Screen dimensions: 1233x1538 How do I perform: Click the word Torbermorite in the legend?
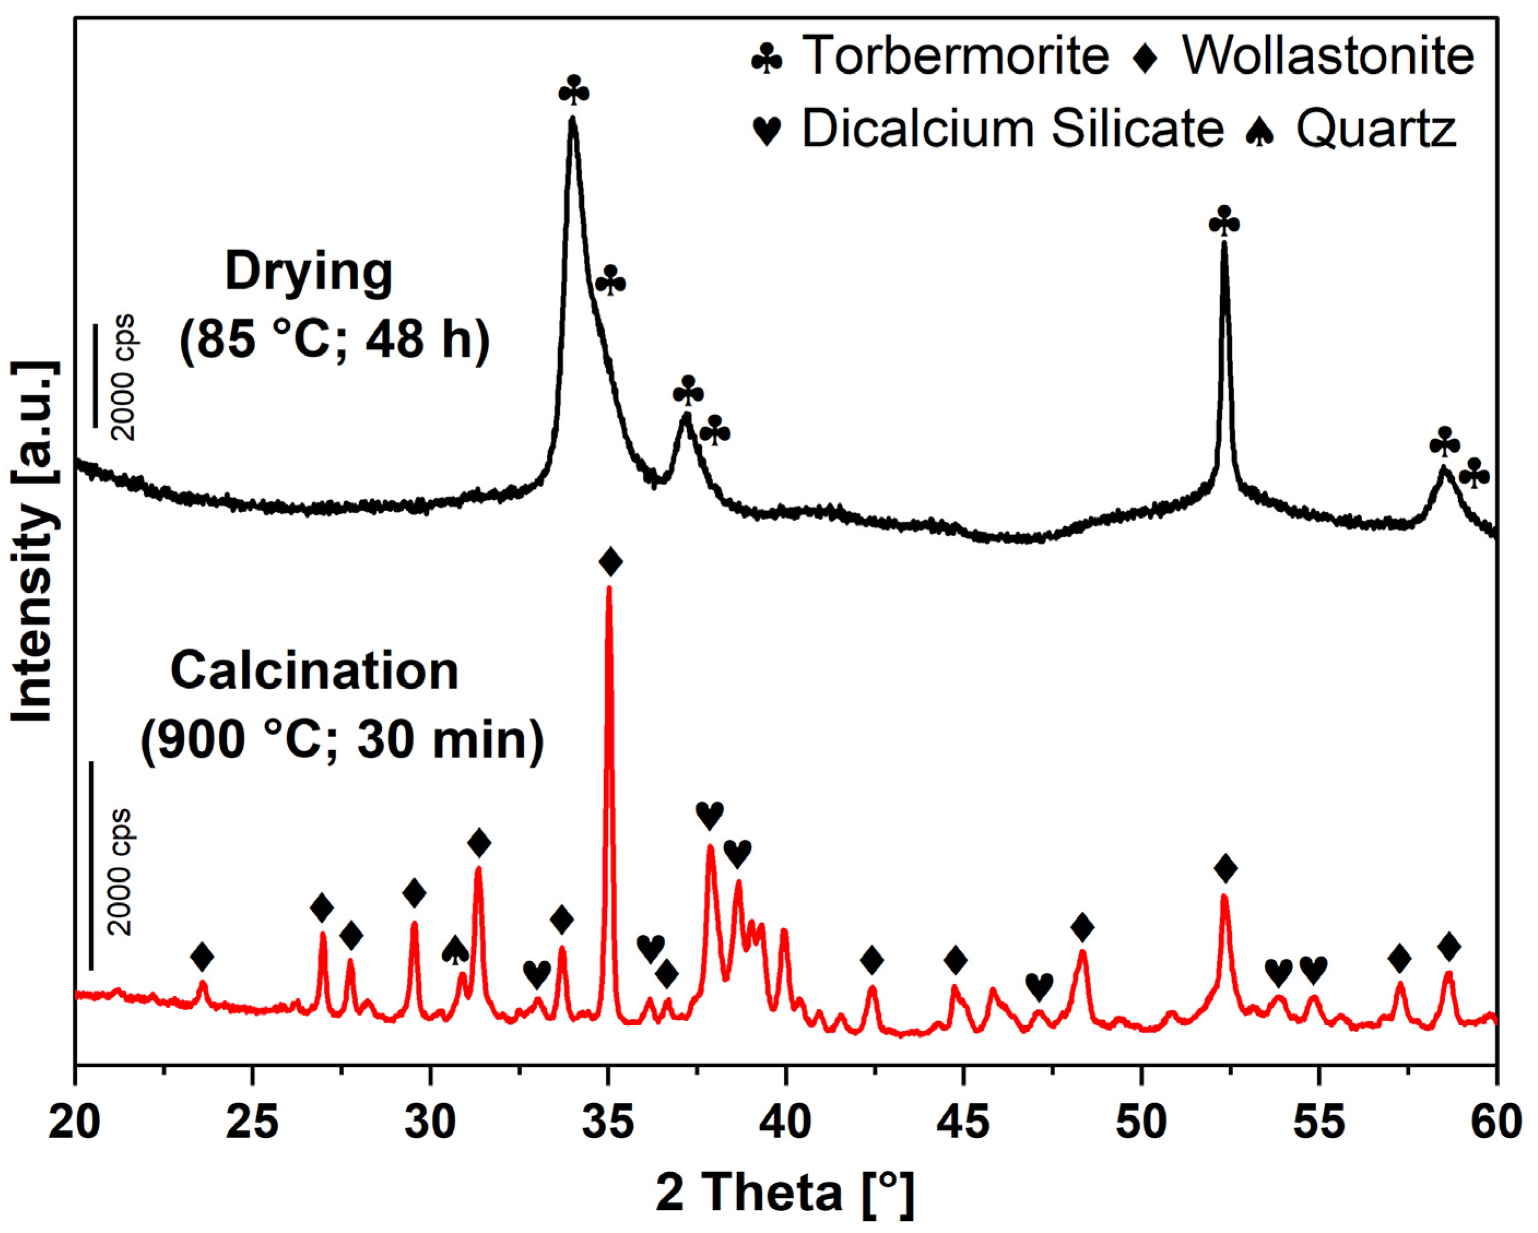pyautogui.click(x=955, y=55)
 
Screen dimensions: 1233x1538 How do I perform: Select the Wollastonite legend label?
pyautogui.click(x=1328, y=55)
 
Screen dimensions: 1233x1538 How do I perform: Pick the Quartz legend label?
pyautogui.click(x=1375, y=129)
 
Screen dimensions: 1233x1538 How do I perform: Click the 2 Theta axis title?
pyautogui.click(x=785, y=1193)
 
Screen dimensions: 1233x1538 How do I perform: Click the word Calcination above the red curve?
pyautogui.click(x=314, y=671)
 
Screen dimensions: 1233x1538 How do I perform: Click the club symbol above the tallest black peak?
pyautogui.click(x=574, y=91)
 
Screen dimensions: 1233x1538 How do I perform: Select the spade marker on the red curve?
pyautogui.click(x=455, y=951)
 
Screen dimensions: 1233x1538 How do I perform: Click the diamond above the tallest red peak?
pyautogui.click(x=611, y=561)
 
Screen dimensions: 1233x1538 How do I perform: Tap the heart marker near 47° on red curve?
pyautogui.click(x=1039, y=987)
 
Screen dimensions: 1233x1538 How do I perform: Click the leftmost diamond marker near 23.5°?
pyautogui.click(x=202, y=956)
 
